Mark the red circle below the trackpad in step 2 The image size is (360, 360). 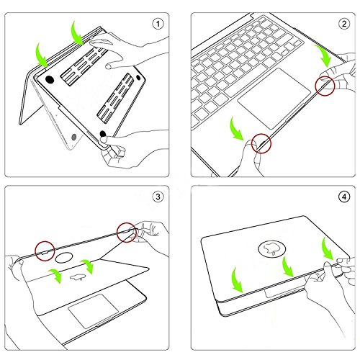click(x=261, y=142)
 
